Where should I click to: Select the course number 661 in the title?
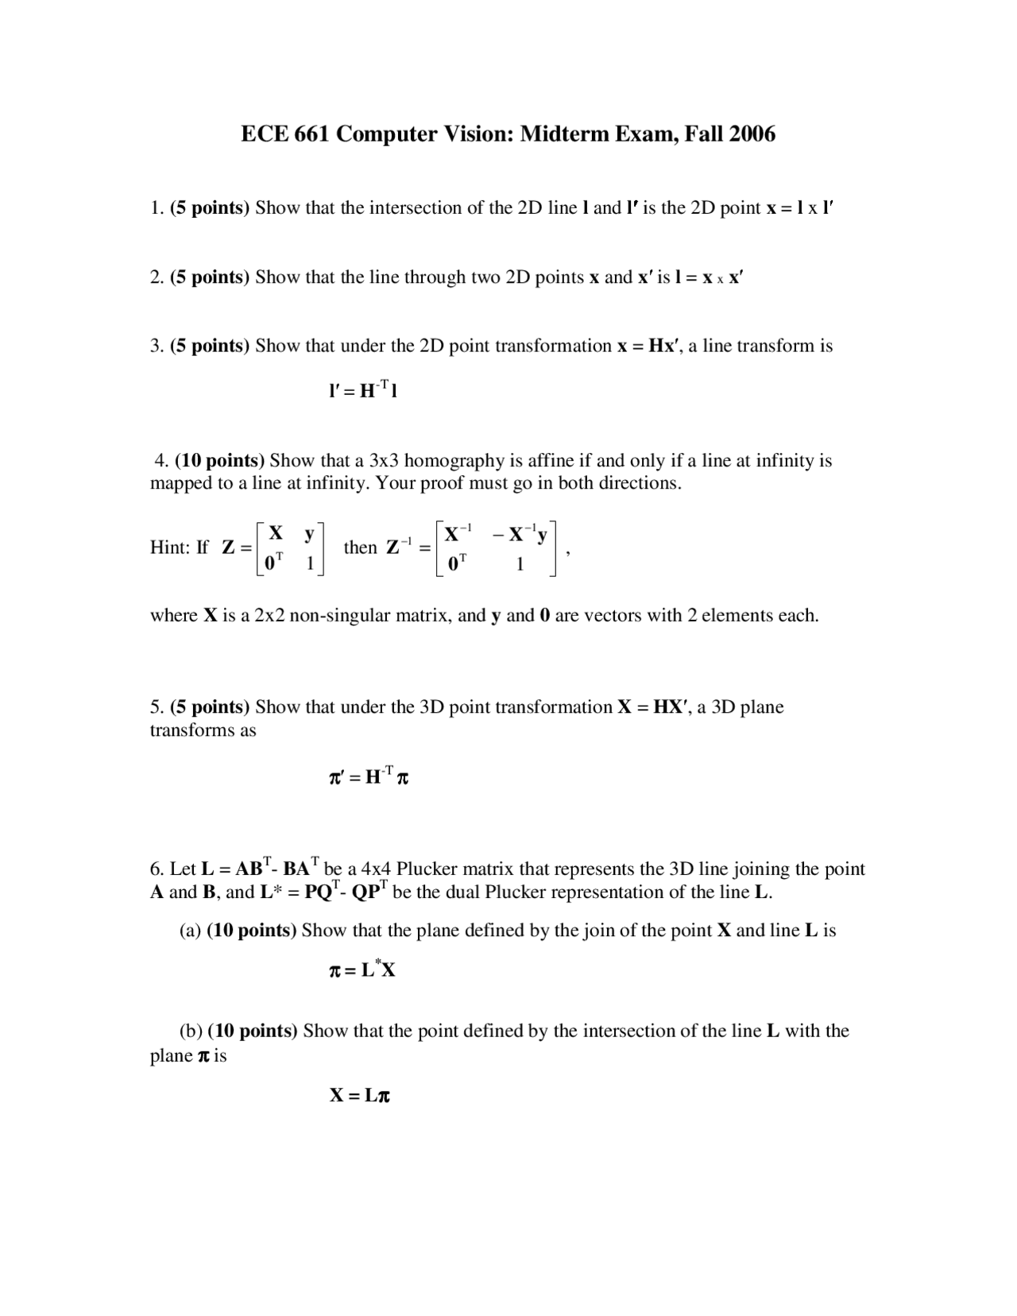[x=311, y=134]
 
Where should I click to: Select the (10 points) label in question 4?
[x=220, y=461]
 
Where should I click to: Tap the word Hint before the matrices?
[x=168, y=548]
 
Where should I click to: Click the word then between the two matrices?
[x=360, y=548]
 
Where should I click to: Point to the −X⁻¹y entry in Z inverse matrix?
[x=520, y=535]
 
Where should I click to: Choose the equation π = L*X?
[x=362, y=970]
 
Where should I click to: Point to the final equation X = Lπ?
[x=360, y=1096]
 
